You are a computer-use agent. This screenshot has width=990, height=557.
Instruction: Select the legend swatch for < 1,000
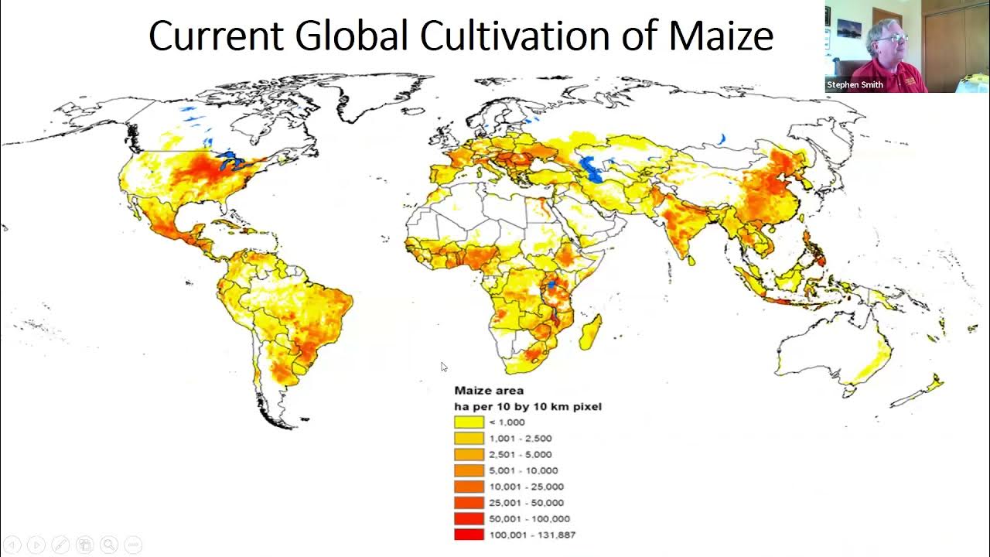[x=469, y=422]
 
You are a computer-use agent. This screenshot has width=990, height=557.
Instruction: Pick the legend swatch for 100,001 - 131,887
[x=469, y=535]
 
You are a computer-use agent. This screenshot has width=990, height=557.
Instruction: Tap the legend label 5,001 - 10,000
[x=523, y=470]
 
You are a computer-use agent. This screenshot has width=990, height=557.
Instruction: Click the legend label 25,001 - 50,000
[x=526, y=503]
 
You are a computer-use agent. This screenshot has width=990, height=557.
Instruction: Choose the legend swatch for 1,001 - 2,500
[x=469, y=439]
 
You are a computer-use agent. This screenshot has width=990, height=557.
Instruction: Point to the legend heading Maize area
[x=488, y=391]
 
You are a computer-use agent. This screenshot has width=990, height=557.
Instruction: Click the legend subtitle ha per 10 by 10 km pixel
[x=527, y=406]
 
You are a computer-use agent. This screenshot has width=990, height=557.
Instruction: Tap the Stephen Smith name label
[x=855, y=85]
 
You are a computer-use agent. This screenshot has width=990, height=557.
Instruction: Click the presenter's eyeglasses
[x=892, y=38]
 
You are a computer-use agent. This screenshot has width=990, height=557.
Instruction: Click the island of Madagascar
[x=590, y=332]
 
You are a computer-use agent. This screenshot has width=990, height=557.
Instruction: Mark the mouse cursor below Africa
[x=444, y=367]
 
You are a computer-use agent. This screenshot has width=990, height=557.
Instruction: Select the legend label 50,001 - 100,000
[x=529, y=519]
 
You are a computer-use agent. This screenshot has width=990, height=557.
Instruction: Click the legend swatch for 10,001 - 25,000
[x=469, y=487]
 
